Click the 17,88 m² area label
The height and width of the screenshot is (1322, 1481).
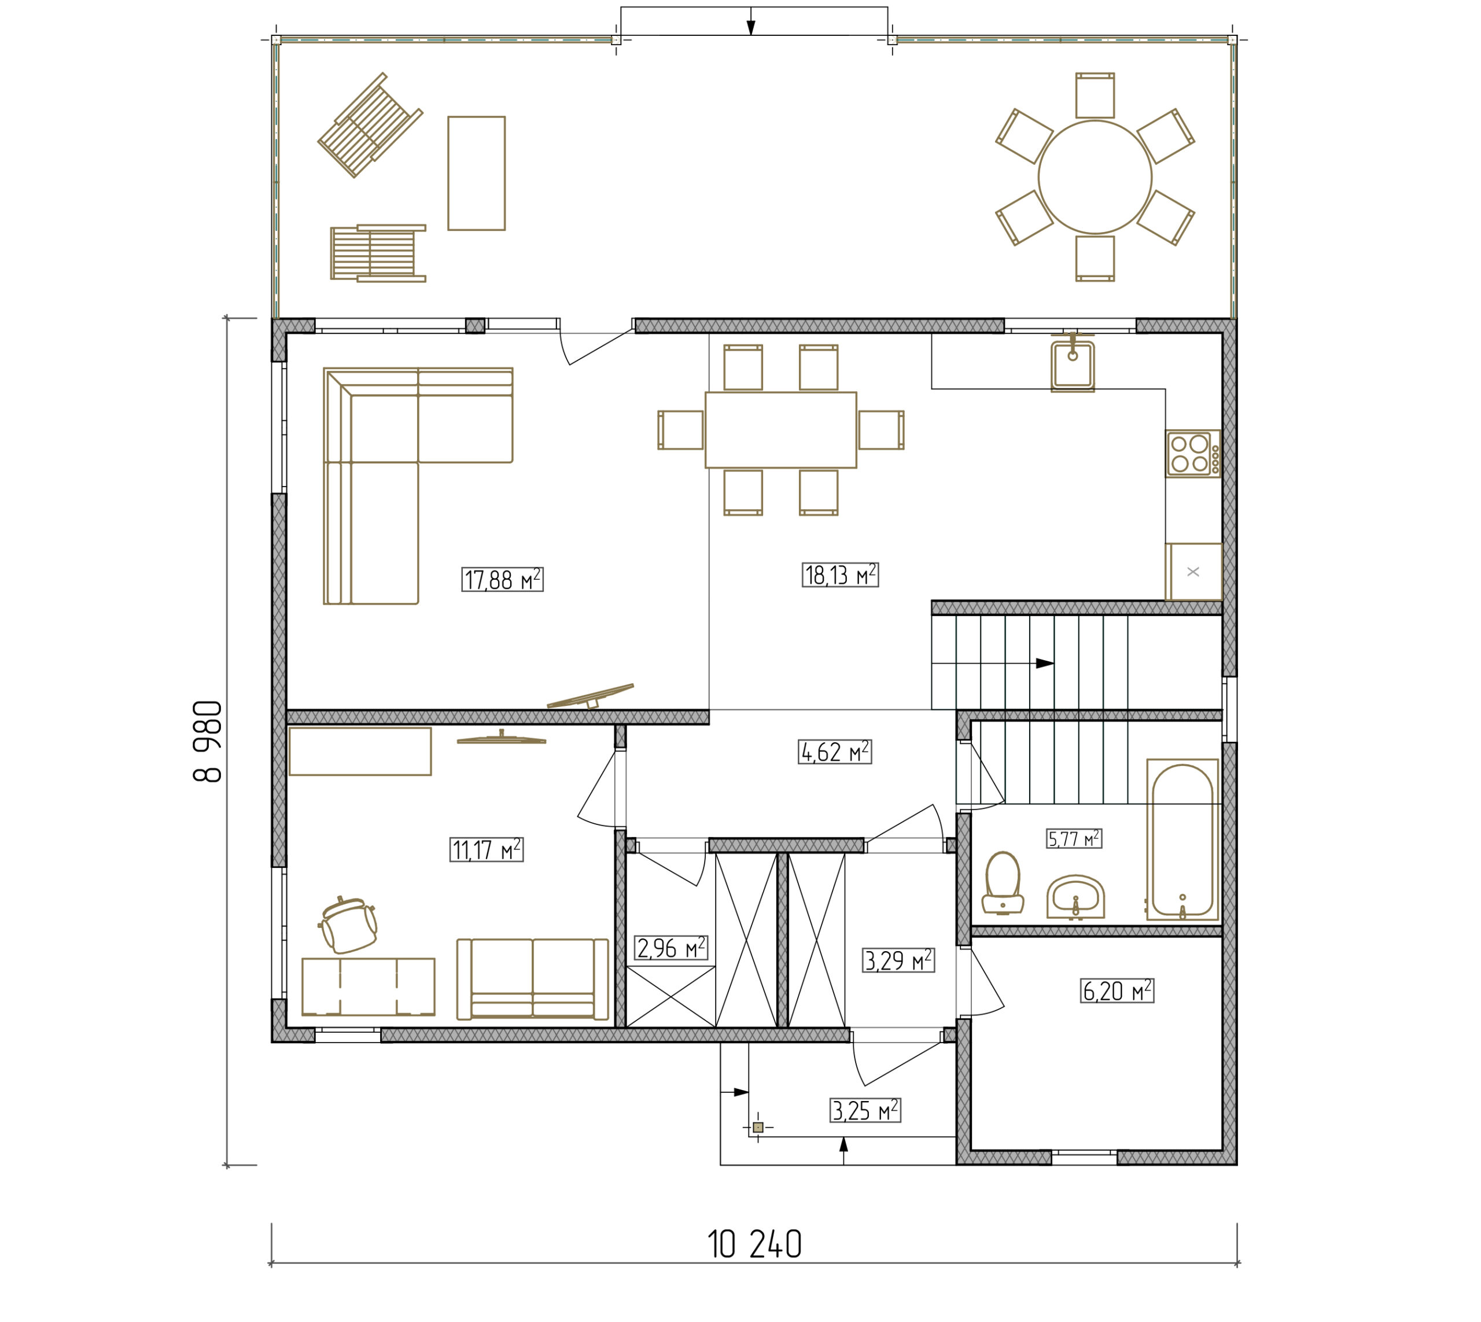502,579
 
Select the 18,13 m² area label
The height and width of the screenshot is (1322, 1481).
839,575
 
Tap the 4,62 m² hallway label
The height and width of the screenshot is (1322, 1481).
835,752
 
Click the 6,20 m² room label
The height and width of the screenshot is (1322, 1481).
1117,990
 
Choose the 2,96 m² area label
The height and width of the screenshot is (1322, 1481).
671,948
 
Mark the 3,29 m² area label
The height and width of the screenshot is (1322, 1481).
898,960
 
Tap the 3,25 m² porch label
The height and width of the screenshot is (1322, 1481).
865,1110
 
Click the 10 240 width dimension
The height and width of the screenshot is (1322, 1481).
754,1244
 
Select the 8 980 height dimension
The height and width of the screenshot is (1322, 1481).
207,741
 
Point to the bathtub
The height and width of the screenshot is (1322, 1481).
1182,839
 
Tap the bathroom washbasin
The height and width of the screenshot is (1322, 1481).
1075,897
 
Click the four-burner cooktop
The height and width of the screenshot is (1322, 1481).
1193,453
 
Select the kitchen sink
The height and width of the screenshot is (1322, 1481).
1072,364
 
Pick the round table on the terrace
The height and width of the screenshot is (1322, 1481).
1095,177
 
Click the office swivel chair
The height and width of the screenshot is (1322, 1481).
349,925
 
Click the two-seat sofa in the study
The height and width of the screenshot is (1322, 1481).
532,979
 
